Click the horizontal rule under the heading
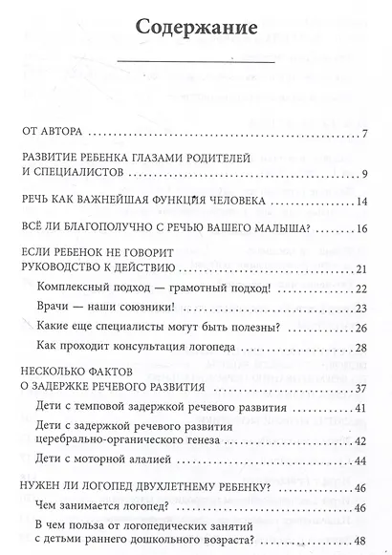point(196,66)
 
